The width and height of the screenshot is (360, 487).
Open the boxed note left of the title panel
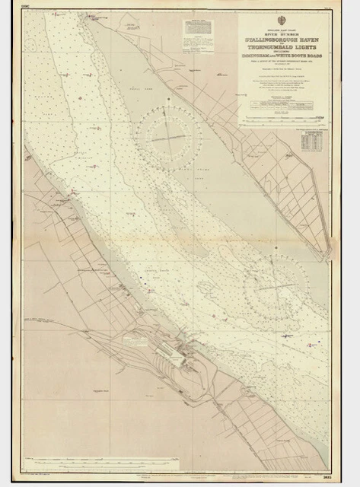point(199,33)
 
